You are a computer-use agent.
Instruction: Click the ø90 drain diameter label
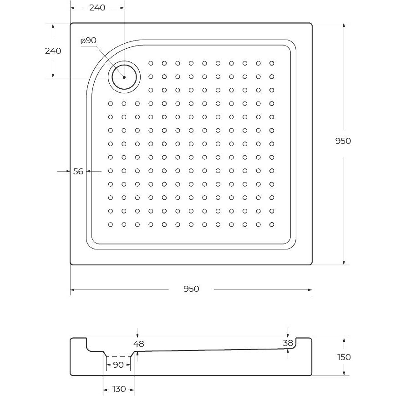(88, 41)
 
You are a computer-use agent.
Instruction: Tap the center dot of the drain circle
(124, 77)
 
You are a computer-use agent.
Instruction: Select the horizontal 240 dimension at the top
(97, 8)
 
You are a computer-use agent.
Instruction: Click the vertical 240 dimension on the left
(53, 51)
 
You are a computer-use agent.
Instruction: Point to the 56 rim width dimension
(78, 172)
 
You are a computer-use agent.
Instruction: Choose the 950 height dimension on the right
(343, 141)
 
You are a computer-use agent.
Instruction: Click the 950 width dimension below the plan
(191, 289)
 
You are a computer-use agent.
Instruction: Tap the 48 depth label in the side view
(139, 344)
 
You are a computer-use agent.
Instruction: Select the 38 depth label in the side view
(288, 343)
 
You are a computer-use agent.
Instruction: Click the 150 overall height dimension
(344, 357)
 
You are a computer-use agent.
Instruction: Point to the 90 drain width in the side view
(118, 365)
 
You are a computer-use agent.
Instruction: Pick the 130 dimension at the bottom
(119, 389)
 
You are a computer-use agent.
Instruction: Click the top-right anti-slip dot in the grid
(272, 63)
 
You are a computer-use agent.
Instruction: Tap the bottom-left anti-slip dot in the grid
(110, 224)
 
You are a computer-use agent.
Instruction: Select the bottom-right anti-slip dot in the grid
(272, 224)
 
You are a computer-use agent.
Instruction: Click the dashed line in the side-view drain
(118, 356)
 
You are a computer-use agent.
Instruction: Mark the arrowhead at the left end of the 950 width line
(72, 289)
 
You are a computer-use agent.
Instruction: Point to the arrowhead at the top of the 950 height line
(344, 25)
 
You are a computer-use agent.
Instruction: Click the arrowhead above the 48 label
(137, 335)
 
